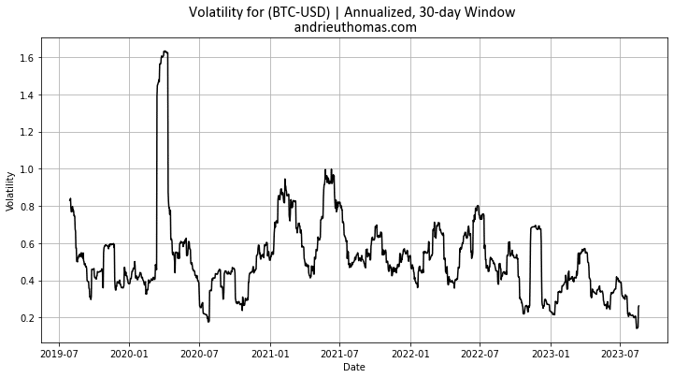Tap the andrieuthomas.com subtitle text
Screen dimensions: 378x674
(355, 28)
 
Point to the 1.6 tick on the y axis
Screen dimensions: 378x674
(26, 58)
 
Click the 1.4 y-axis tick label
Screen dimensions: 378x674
(26, 95)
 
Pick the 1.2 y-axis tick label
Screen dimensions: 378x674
(26, 132)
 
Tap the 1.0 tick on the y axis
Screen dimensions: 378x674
(26, 169)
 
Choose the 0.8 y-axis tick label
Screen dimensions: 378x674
(26, 207)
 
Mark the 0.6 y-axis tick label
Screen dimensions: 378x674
(26, 243)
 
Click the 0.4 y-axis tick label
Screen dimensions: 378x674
(26, 281)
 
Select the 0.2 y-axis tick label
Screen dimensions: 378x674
(26, 318)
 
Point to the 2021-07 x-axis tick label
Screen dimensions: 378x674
(339, 354)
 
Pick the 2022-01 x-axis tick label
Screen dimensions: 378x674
(409, 354)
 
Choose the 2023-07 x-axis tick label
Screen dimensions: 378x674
(620, 354)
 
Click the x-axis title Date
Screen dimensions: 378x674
(354, 368)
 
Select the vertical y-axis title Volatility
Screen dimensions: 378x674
(10, 190)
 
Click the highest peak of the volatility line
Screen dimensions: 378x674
(165, 51)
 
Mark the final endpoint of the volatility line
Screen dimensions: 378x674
(638, 306)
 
